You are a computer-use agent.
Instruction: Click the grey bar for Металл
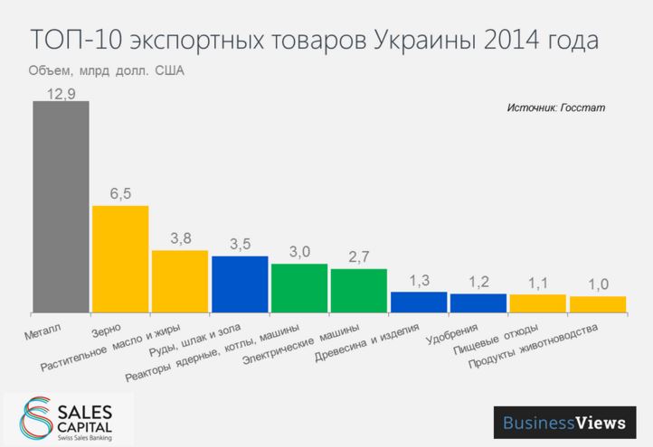click(61, 206)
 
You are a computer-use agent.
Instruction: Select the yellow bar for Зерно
click(120, 258)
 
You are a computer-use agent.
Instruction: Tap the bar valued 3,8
click(180, 281)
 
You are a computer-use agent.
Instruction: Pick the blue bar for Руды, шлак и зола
click(240, 284)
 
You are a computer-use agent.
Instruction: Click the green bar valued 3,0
click(299, 287)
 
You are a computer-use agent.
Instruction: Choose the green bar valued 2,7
click(358, 290)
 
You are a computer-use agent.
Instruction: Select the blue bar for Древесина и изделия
click(418, 302)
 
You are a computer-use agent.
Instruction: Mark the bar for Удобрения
click(478, 303)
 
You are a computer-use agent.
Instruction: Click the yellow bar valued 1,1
click(537, 303)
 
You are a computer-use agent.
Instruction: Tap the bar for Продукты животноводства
click(597, 304)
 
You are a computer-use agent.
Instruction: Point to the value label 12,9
click(61, 91)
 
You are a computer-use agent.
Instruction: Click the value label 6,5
click(120, 194)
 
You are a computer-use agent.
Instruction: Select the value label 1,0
click(597, 285)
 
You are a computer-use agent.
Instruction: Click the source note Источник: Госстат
click(555, 107)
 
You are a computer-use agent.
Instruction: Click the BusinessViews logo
click(563, 423)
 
